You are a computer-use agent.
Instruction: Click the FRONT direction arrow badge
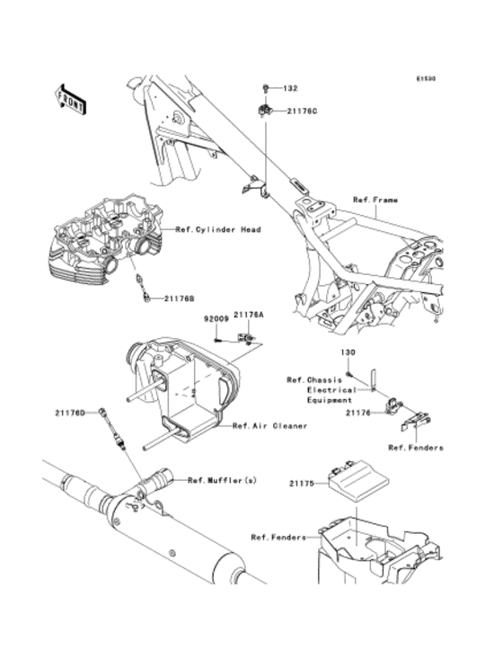[71, 98]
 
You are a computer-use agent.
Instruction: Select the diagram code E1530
[425, 79]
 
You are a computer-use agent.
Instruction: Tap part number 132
[290, 89]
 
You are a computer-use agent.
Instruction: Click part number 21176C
[302, 112]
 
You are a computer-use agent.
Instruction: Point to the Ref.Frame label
[375, 200]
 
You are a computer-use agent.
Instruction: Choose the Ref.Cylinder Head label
[217, 230]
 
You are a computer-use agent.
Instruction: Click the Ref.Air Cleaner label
[269, 425]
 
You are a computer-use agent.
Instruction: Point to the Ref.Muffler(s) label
[222, 481]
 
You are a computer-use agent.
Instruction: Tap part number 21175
[302, 483]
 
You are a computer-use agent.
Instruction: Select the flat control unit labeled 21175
[357, 484]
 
